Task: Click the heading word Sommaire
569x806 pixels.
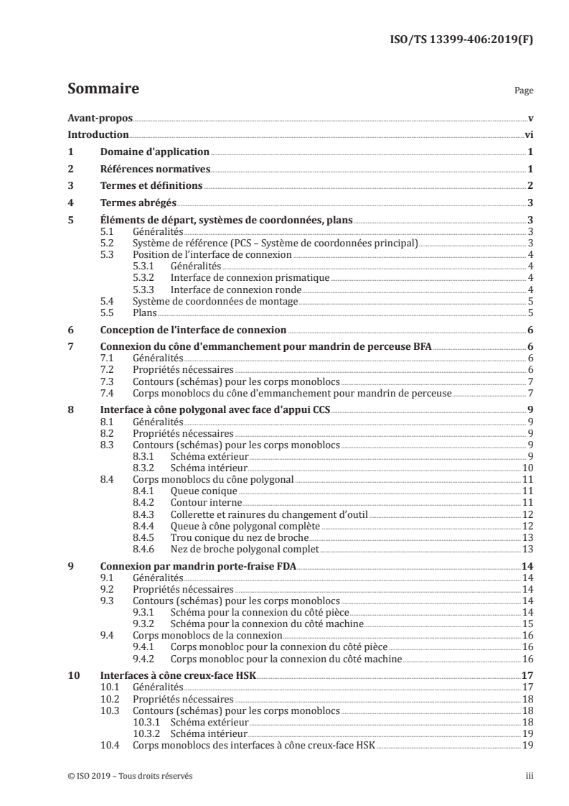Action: click(x=103, y=90)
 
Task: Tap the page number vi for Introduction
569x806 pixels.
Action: click(x=527, y=135)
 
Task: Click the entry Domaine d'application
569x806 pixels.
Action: click(x=154, y=152)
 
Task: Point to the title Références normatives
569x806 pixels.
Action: click(x=155, y=170)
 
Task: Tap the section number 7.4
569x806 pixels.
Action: click(x=107, y=393)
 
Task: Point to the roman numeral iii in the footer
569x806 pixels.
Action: click(x=528, y=776)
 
